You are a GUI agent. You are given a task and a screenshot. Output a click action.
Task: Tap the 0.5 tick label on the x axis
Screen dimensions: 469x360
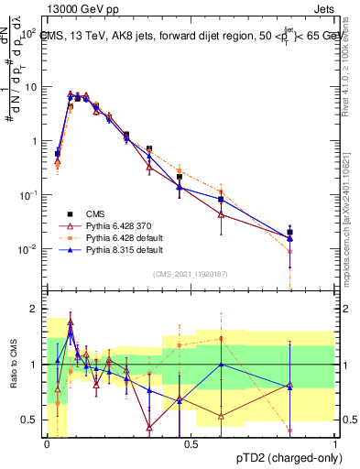191,442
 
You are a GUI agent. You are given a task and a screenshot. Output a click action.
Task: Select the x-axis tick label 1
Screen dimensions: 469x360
334,442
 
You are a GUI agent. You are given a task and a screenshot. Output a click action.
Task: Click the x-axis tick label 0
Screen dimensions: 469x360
47,442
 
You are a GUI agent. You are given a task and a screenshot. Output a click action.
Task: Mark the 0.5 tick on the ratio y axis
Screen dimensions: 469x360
29,420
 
